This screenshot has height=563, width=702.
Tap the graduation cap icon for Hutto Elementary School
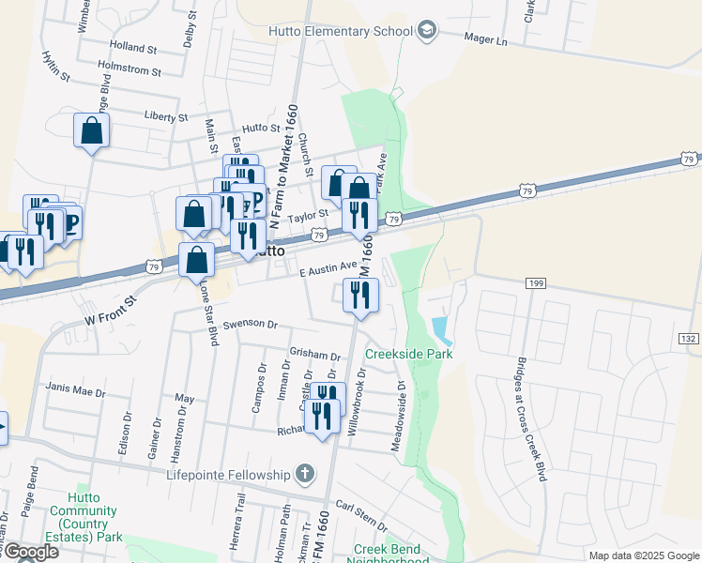pyautogui.click(x=427, y=31)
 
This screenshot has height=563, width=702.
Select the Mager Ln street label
pyautogui.click(x=485, y=40)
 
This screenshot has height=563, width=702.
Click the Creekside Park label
pyautogui.click(x=408, y=354)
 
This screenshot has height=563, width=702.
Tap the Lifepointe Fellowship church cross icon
pyautogui.click(x=305, y=474)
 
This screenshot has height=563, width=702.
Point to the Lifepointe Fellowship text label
pyautogui.click(x=231, y=475)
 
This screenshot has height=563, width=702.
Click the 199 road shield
pyautogui.click(x=536, y=282)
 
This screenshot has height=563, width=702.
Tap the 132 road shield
pyautogui.click(x=688, y=337)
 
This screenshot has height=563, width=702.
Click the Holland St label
pyautogui.click(x=132, y=47)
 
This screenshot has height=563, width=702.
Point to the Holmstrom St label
pyautogui.click(x=130, y=70)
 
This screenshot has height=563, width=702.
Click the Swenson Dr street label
pyautogui.click(x=249, y=325)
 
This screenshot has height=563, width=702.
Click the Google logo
pyautogui.click(x=30, y=552)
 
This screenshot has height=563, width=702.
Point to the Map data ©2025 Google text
pyautogui.click(x=643, y=555)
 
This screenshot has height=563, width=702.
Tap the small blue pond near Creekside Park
pyautogui.click(x=439, y=329)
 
